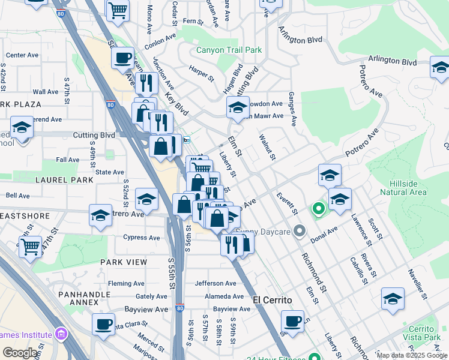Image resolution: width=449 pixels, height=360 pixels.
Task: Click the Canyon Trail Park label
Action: coord(229,50)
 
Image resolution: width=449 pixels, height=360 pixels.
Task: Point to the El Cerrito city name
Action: coord(272,300)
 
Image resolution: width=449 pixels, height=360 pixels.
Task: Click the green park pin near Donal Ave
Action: coord(318,209)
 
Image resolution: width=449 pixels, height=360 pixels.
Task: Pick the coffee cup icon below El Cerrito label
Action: coord(292,321)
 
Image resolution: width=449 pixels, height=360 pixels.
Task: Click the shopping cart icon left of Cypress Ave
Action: coord(30,245)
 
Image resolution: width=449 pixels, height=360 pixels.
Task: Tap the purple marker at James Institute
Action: coord(61,334)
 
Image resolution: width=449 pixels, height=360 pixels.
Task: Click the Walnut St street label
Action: coord(267,148)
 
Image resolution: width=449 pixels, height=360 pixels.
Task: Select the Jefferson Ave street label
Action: coord(215,283)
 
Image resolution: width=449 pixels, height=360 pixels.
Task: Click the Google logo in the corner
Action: coord(20,353)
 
